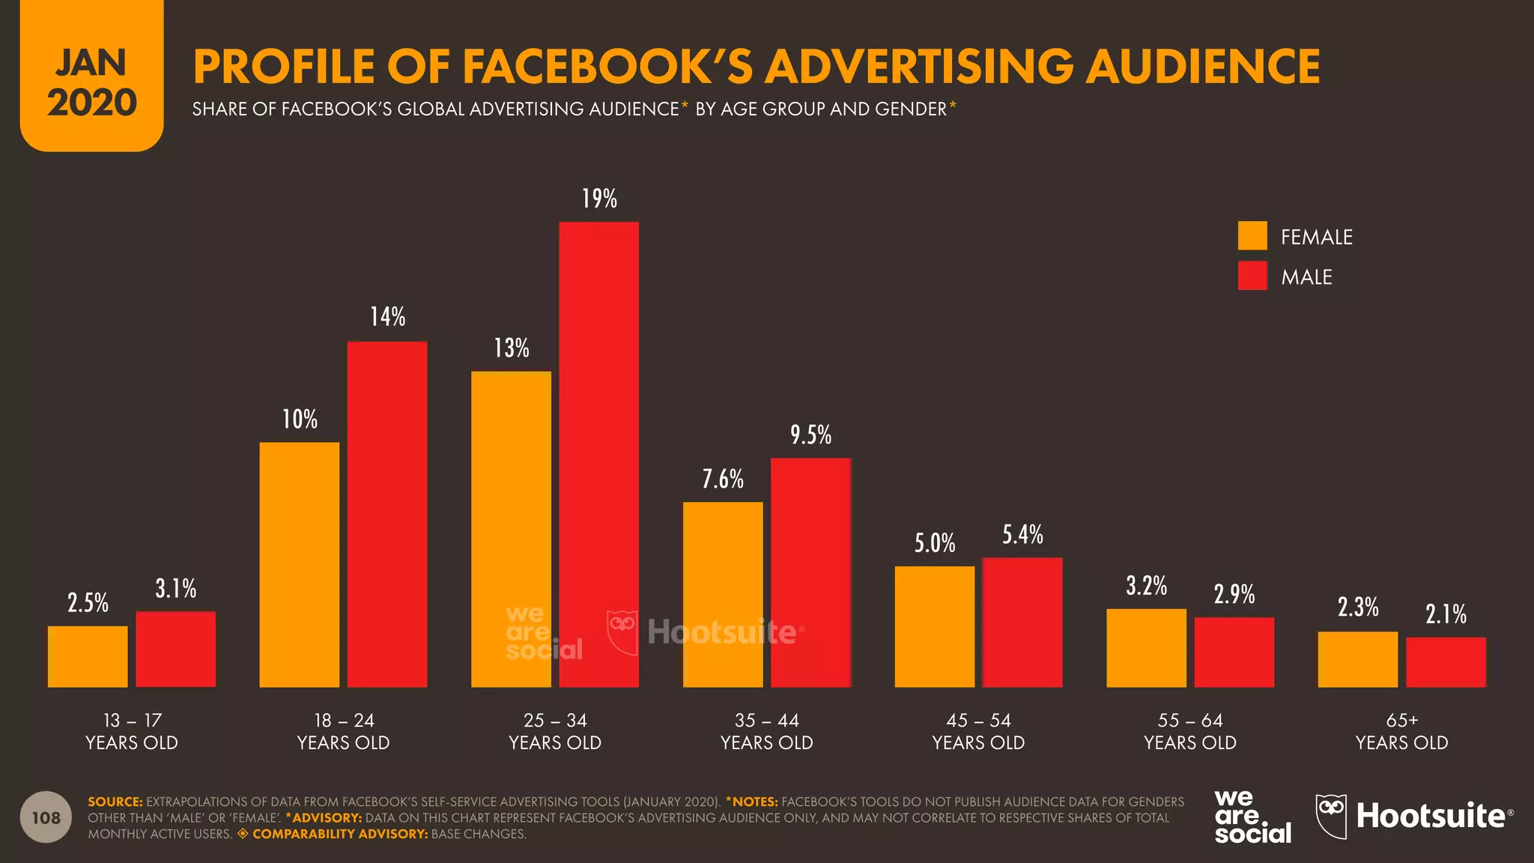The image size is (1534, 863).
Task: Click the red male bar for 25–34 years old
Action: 598,454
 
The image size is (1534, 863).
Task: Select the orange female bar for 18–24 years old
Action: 299,564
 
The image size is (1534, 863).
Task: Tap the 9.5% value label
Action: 810,435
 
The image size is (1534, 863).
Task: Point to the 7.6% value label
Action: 723,479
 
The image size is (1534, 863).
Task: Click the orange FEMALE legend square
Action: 1252,236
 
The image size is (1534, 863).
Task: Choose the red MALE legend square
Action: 1252,276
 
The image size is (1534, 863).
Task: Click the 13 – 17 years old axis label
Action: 132,731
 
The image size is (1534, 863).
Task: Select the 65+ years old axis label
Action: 1401,731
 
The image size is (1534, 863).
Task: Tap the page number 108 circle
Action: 46,817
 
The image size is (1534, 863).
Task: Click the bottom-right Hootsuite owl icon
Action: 1331,816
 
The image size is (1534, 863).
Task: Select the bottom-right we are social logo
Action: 1252,817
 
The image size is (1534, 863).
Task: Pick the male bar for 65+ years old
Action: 1446,662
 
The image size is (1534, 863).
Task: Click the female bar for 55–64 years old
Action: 1146,648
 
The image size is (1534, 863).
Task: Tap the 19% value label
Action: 599,199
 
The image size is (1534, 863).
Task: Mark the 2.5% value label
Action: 88,603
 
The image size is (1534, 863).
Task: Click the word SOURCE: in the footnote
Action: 115,802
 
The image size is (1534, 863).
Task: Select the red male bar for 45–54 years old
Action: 1022,622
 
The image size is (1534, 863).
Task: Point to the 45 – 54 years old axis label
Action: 978,731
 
